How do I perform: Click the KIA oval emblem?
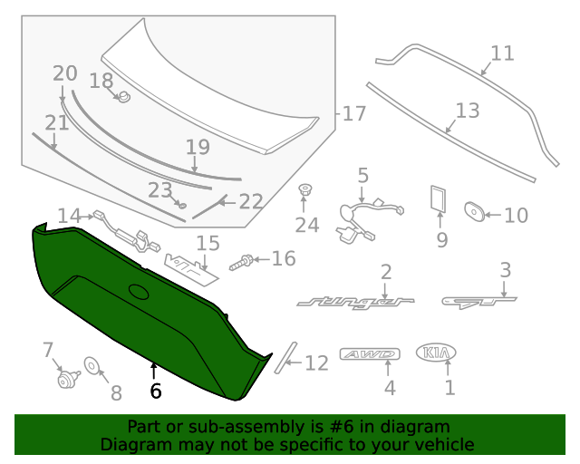436,353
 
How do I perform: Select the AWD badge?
369,354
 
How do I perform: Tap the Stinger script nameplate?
355,300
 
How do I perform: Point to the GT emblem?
479,299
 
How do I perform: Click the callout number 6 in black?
155,391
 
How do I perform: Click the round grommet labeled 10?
472,213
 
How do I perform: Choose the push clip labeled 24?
305,191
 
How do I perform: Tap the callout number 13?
467,111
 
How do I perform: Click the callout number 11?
502,53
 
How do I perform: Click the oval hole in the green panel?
139,292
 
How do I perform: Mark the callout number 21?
57,122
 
